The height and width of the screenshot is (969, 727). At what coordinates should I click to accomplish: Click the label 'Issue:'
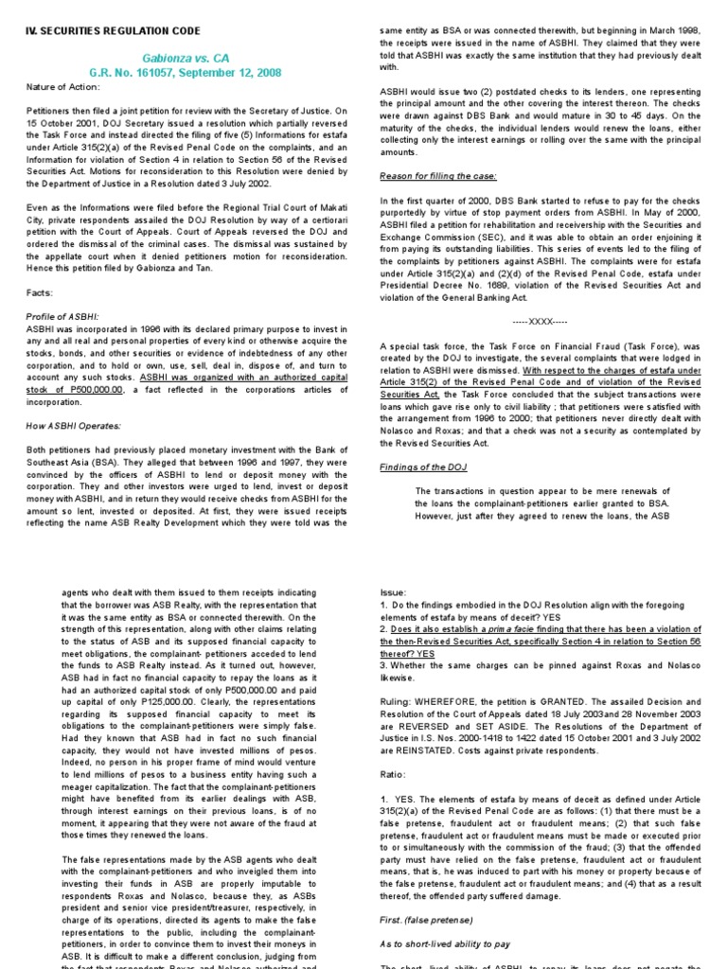click(x=392, y=591)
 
